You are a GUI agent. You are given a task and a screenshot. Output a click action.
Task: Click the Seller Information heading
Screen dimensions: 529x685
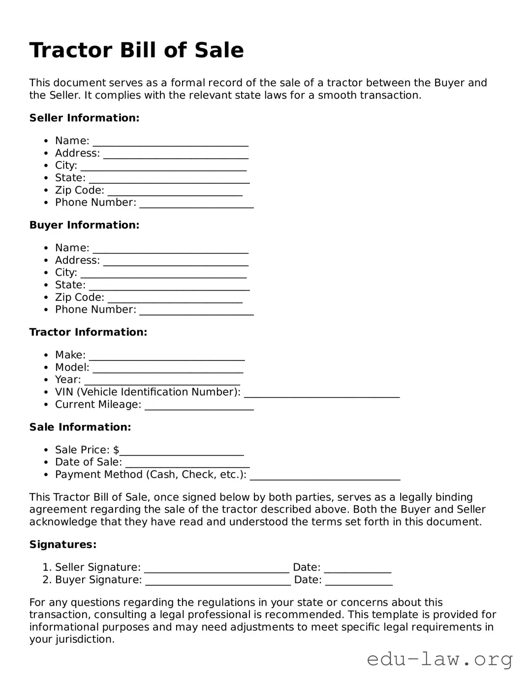tap(84, 118)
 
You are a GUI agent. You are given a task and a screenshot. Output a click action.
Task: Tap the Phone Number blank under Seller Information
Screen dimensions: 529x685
tap(196, 204)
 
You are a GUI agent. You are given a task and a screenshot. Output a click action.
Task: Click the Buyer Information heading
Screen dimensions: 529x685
tap(84, 225)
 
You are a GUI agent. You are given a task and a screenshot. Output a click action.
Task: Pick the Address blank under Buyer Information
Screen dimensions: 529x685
tap(176, 261)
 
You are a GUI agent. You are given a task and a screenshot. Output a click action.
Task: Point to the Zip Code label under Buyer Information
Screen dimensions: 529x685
tap(79, 297)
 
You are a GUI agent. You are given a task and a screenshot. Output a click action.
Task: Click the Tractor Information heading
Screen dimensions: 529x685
tap(88, 332)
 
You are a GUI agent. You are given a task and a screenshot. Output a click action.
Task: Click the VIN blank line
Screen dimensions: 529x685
tap(322, 393)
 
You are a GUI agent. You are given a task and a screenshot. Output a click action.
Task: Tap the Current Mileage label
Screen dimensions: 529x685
tap(98, 404)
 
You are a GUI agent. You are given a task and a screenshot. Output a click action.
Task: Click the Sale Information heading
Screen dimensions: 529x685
tap(80, 427)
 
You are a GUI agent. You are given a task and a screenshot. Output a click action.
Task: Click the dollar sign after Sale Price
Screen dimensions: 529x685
tap(116, 450)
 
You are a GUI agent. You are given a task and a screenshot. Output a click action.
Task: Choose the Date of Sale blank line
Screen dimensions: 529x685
tap(187, 463)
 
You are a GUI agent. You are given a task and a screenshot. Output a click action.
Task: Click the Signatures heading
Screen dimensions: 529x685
tap(62, 544)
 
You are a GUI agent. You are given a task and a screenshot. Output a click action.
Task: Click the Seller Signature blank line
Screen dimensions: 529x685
tap(217, 569)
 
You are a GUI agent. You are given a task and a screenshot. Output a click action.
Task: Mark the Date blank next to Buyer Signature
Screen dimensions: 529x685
tap(359, 581)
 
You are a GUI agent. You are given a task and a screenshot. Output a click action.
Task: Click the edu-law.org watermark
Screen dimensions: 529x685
tap(439, 659)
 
